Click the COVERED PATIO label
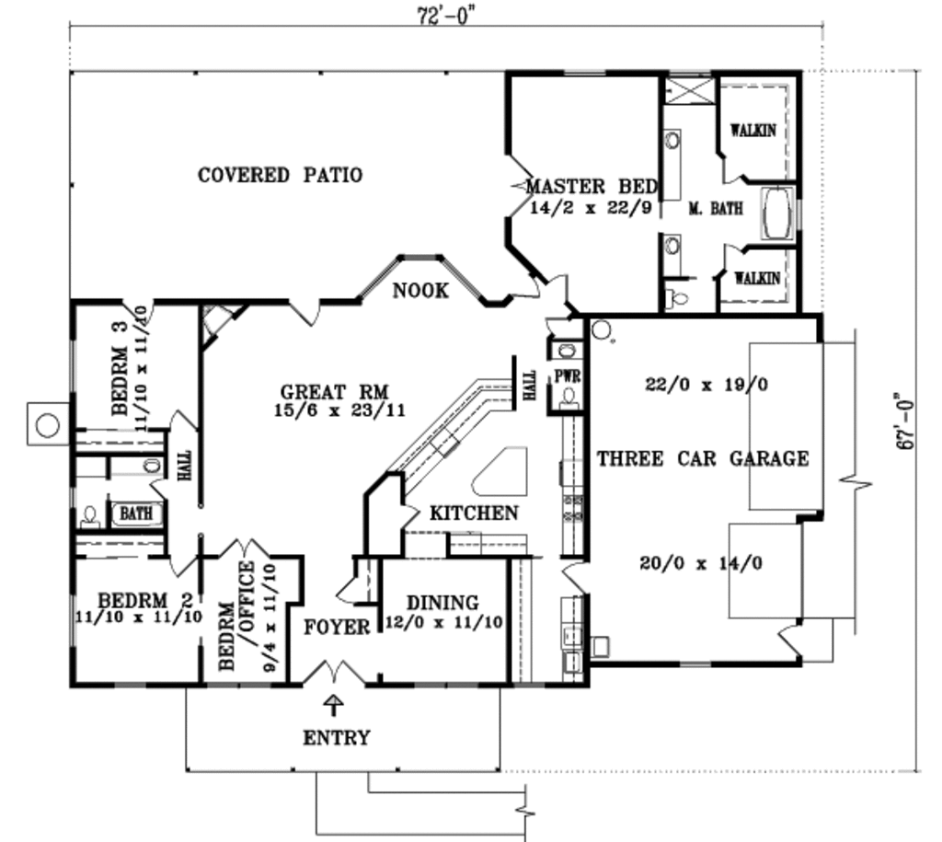click(x=281, y=175)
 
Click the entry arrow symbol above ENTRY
click(x=334, y=705)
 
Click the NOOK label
click(x=421, y=291)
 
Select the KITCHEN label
click(x=475, y=513)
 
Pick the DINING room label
click(x=443, y=603)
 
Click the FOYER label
click(x=338, y=628)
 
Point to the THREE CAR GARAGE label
click(x=704, y=457)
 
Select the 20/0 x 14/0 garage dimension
click(x=701, y=563)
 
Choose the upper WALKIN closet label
click(x=752, y=130)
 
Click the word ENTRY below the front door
click(x=336, y=737)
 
